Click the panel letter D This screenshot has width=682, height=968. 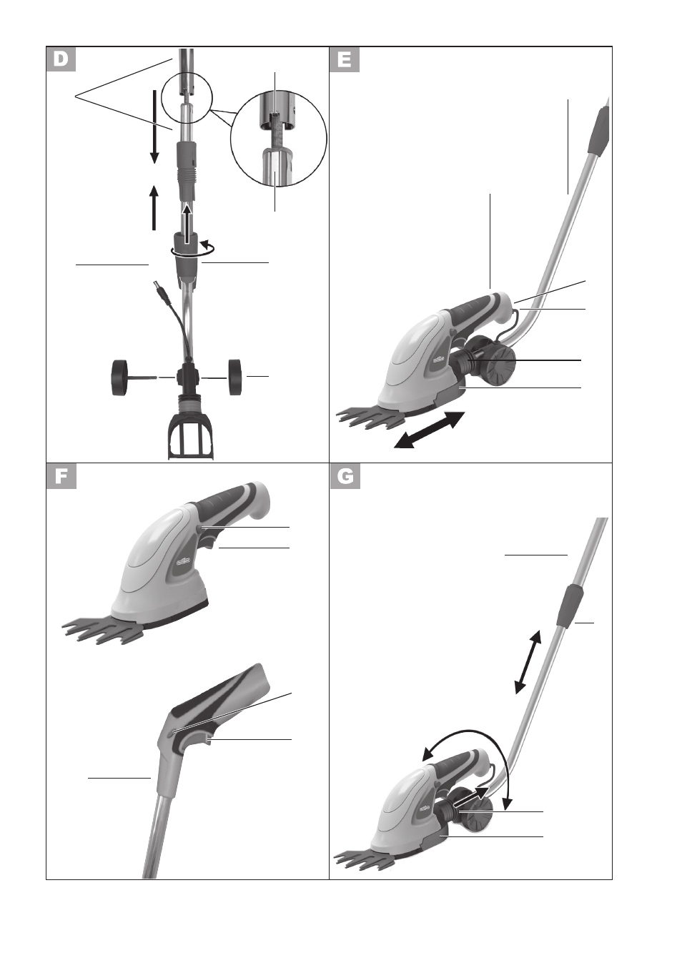61,59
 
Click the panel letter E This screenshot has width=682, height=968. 345,59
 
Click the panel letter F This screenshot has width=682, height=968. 61,477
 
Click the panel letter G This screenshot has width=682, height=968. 345,477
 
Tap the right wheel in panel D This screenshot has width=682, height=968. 234,377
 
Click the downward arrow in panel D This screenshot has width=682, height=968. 154,127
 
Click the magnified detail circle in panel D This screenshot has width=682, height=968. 278,138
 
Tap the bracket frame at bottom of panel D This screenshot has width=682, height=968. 190,437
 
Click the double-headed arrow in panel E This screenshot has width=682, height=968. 429,430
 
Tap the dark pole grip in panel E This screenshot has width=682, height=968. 598,131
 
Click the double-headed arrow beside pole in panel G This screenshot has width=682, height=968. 528,661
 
